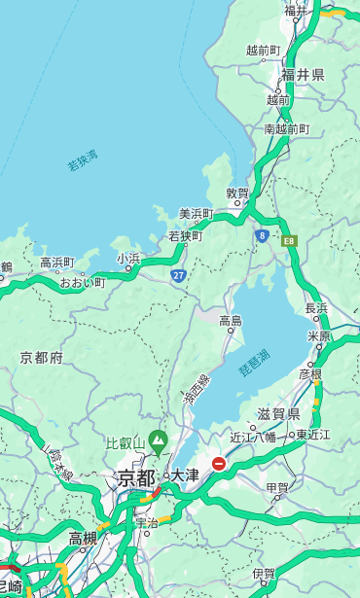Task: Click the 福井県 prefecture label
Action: (x=304, y=74)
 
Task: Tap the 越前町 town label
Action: (x=263, y=50)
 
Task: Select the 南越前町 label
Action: (x=286, y=128)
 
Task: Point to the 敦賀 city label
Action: (x=237, y=193)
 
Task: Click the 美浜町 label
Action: (x=197, y=213)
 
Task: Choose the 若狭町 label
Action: (x=185, y=235)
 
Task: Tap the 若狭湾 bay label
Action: (x=82, y=160)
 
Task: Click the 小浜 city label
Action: (x=128, y=258)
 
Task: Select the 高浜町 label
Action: (x=56, y=263)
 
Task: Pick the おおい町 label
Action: (x=82, y=282)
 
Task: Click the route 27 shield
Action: (x=179, y=276)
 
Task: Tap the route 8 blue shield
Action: (x=263, y=235)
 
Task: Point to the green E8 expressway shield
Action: (x=289, y=240)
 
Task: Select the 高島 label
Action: (x=231, y=320)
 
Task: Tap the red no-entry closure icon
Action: (x=220, y=464)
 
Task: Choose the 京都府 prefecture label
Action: (x=42, y=358)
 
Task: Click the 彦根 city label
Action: (x=309, y=373)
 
